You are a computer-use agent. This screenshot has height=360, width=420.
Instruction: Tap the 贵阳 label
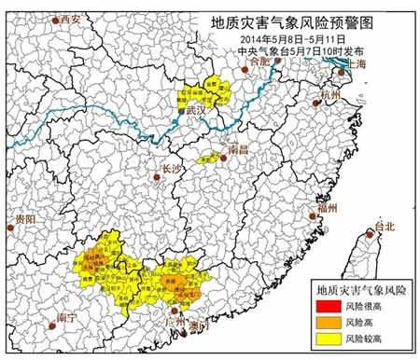(25, 218)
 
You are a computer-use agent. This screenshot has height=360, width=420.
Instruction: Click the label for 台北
(384, 227)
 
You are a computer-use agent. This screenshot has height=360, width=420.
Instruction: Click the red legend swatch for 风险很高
(329, 305)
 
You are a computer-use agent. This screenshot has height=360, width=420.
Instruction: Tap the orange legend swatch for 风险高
(329, 322)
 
